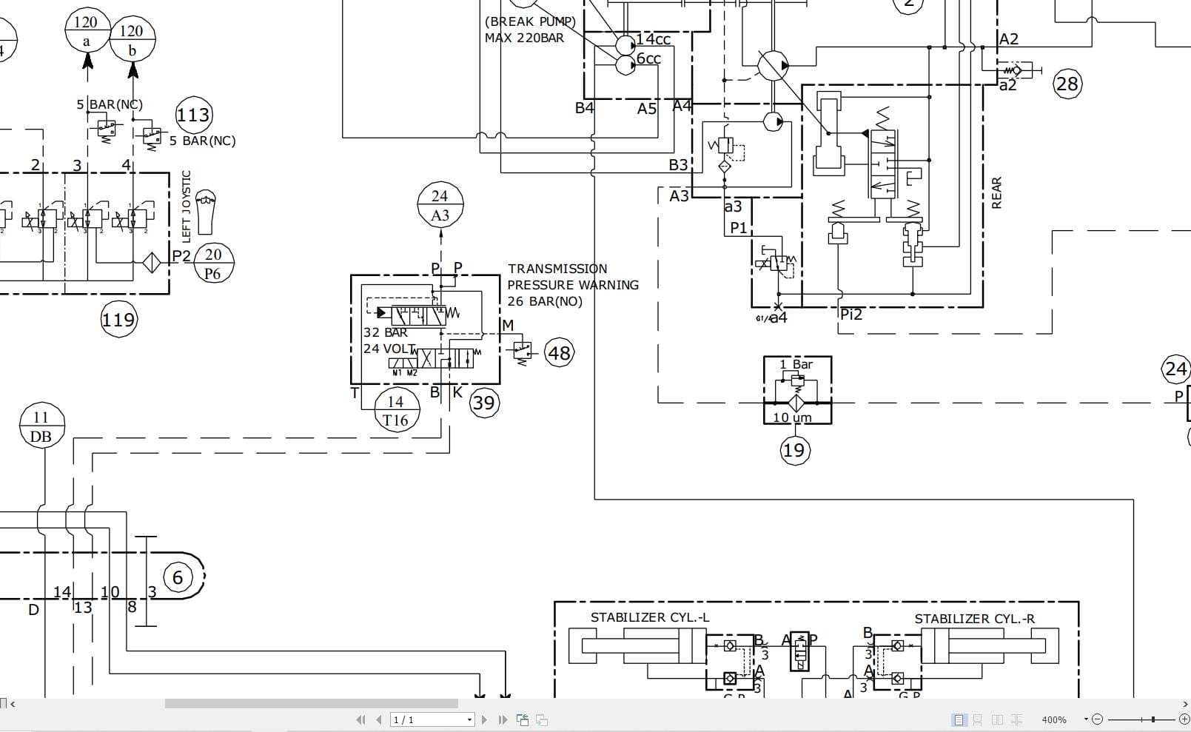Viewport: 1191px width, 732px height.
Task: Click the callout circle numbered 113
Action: pos(193,115)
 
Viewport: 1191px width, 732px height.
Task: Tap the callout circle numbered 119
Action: pos(118,320)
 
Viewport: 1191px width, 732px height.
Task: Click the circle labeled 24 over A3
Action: pos(440,205)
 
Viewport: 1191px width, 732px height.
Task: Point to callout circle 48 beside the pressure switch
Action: pos(559,353)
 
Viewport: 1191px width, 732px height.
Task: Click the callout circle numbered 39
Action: pos(484,403)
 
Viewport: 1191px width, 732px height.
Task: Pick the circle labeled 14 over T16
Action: pos(396,411)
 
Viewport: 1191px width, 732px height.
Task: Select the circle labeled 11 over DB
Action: pos(41,426)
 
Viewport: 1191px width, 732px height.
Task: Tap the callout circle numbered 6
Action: pos(177,577)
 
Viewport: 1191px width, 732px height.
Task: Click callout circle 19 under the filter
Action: pos(794,450)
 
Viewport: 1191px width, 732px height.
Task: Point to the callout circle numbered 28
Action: pos(1067,84)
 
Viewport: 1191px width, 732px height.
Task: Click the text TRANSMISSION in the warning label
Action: pos(557,269)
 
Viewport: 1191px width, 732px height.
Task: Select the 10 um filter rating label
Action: pos(792,417)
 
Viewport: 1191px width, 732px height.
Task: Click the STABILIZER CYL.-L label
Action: pos(649,617)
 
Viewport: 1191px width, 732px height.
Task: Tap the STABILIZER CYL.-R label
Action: pos(974,619)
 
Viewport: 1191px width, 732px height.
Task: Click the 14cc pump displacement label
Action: pos(654,39)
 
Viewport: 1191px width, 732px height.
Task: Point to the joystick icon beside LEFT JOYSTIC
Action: pos(207,209)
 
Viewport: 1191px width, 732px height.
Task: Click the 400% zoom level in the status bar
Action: pos(1053,719)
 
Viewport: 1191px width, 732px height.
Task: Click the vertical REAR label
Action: pos(996,192)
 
